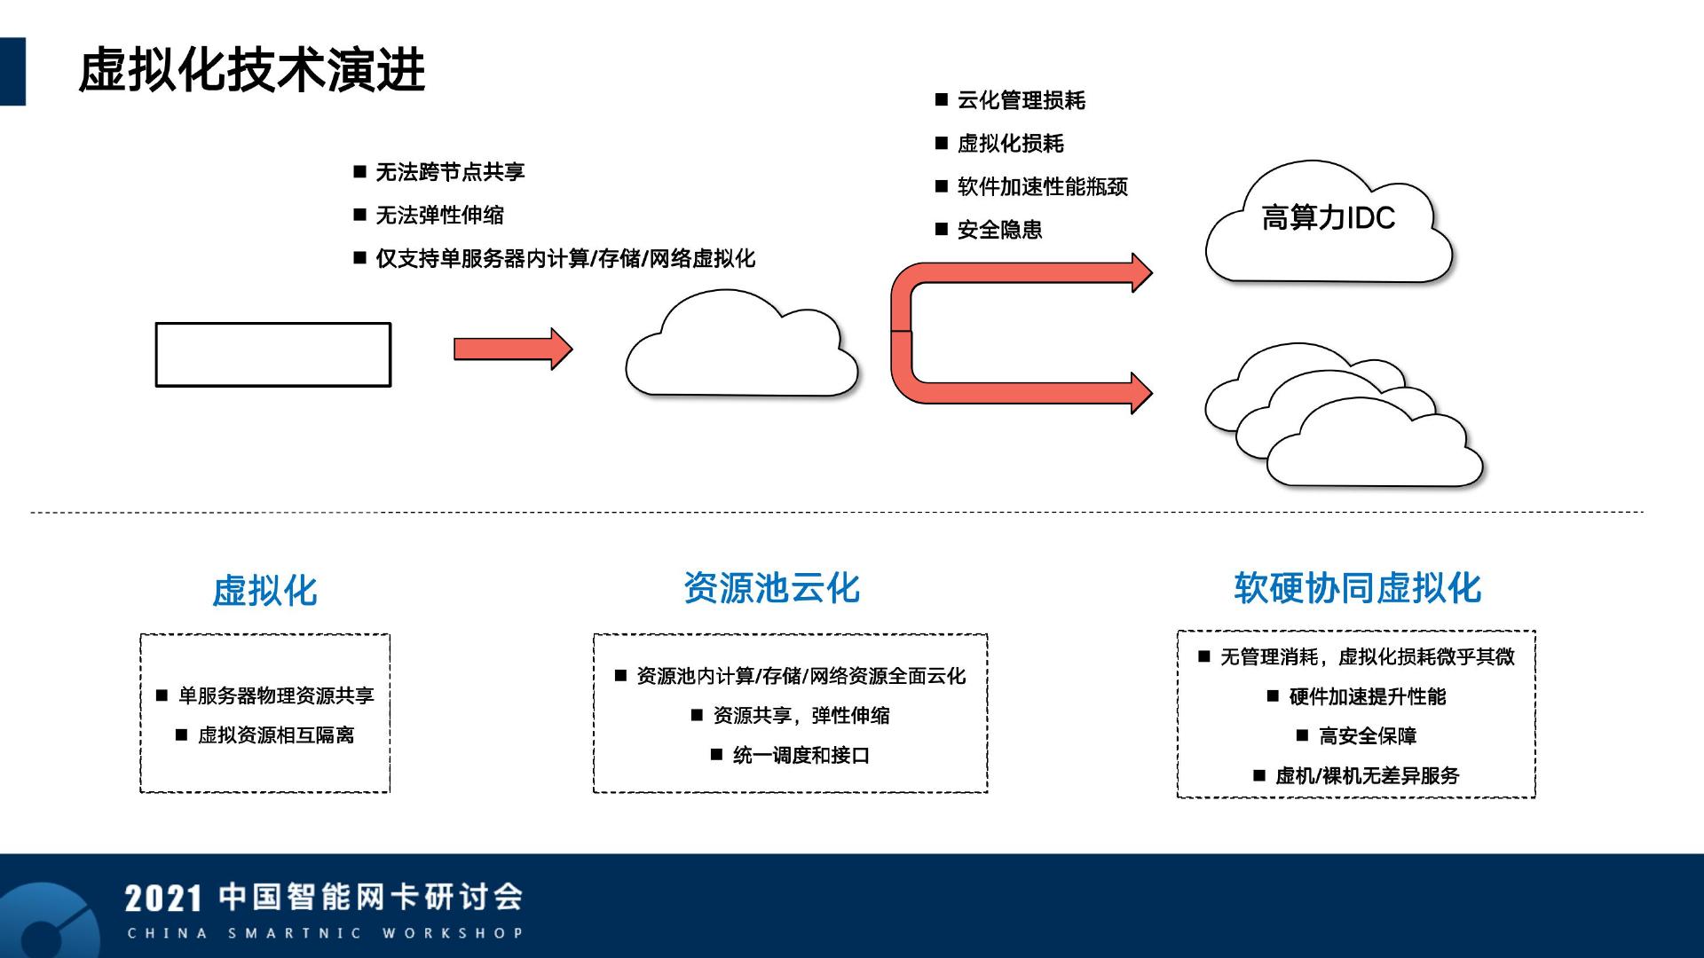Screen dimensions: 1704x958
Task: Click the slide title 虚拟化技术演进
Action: (x=252, y=70)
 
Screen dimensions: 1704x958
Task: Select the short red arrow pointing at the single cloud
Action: (x=513, y=349)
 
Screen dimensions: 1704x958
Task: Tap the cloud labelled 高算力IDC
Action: (x=1329, y=222)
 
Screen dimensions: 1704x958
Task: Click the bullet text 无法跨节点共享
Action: (x=450, y=172)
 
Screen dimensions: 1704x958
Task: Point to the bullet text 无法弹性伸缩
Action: (x=439, y=216)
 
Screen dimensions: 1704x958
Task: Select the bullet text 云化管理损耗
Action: (x=1022, y=100)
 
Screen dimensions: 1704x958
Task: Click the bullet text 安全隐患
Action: (x=999, y=230)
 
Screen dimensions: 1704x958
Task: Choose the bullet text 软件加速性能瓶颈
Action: (x=1043, y=187)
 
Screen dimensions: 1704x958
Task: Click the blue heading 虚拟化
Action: (x=264, y=591)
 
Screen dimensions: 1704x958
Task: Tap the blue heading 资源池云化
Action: (x=771, y=588)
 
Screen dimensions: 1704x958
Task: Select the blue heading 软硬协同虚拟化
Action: (x=1357, y=588)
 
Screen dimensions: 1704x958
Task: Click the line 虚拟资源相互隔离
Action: (x=275, y=735)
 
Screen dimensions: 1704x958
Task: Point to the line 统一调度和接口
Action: (x=801, y=756)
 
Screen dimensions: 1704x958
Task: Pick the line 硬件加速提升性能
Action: (x=1367, y=697)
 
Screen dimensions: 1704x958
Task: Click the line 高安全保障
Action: (x=1368, y=736)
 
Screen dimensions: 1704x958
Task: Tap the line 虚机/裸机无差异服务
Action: (x=1367, y=776)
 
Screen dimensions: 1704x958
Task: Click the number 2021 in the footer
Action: (x=164, y=899)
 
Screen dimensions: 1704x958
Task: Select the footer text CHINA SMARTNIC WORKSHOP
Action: (x=326, y=933)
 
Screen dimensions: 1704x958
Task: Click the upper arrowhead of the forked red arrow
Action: (x=1141, y=272)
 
